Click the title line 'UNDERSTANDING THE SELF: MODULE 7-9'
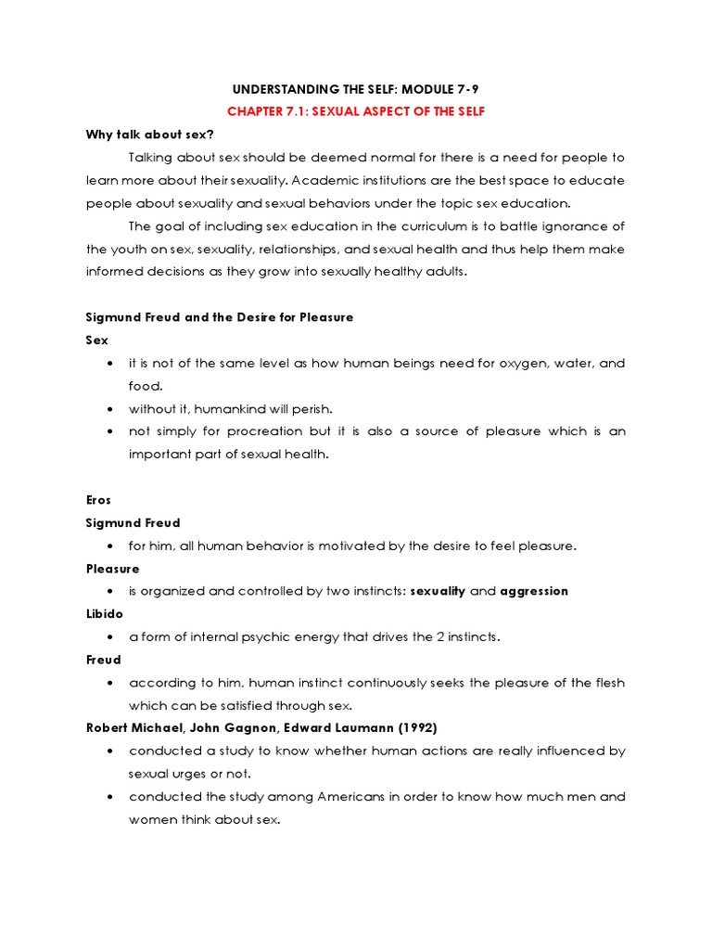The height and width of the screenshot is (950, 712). (355, 89)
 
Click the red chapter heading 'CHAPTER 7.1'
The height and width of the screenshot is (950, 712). (270, 111)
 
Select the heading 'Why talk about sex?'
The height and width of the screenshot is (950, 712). (150, 134)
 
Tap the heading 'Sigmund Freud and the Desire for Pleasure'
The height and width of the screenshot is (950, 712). (220, 317)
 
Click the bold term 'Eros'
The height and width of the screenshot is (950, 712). (98, 500)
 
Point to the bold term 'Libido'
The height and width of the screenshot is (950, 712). (105, 614)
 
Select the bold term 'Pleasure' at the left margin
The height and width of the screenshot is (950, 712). (113, 569)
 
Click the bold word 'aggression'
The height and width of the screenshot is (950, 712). (534, 591)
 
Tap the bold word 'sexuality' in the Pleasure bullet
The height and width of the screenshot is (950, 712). (438, 591)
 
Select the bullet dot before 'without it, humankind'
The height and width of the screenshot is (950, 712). (110, 409)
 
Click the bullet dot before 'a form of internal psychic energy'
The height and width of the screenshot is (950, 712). (110, 637)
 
